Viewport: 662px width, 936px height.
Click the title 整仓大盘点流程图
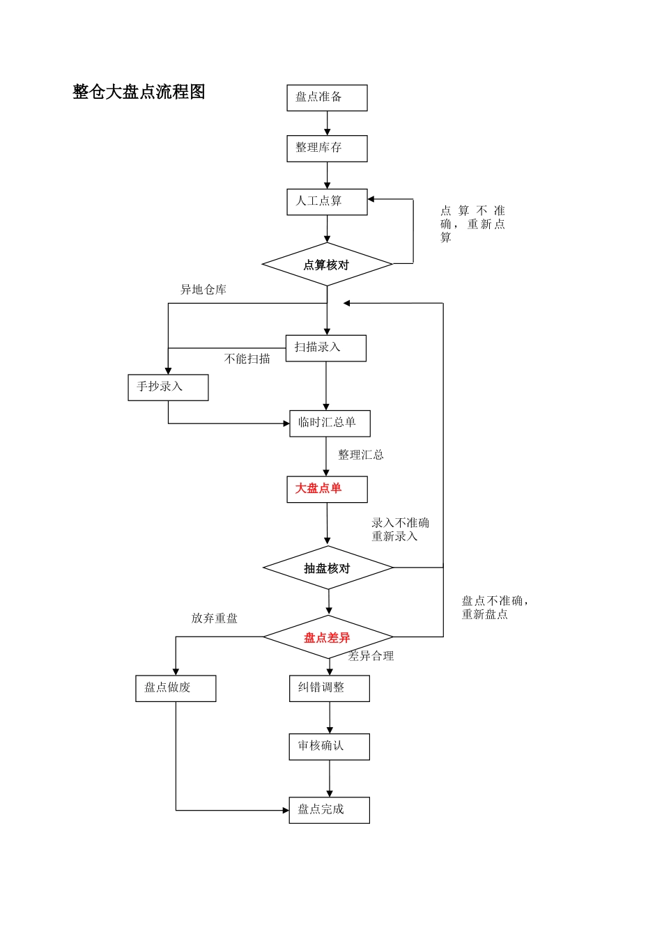[x=139, y=92]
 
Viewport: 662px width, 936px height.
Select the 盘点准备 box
[x=327, y=98]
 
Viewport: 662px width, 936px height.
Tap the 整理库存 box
[x=327, y=148]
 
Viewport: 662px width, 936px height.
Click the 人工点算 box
[x=327, y=202]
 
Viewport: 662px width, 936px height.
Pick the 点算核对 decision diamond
[x=327, y=265]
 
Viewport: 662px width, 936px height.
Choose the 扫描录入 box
[x=325, y=348]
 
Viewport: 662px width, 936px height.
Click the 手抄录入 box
[x=168, y=387]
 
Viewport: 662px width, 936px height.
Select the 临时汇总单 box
[x=330, y=423]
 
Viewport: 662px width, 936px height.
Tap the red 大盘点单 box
[x=327, y=489]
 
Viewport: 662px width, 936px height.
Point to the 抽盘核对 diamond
[x=328, y=568]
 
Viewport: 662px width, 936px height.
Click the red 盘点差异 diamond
[x=328, y=637]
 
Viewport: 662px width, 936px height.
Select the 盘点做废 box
[x=176, y=688]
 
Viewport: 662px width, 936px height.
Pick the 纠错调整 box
[x=330, y=688]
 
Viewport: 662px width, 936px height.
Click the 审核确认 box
[x=330, y=747]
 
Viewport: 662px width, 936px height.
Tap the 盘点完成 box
[x=330, y=810]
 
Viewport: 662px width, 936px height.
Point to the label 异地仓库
[x=203, y=290]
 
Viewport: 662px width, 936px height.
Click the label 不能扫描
[x=247, y=359]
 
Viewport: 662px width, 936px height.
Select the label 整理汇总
[x=361, y=455]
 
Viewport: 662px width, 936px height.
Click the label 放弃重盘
[x=215, y=618]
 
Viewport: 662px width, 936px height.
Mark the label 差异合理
[x=371, y=656]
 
